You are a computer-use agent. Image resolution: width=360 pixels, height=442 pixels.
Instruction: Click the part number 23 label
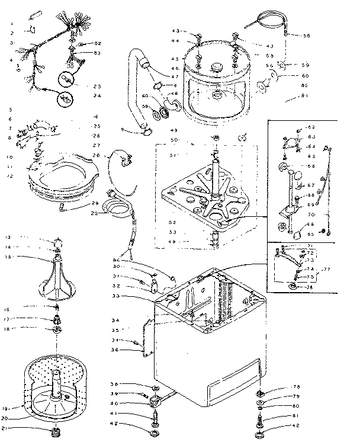[97, 86]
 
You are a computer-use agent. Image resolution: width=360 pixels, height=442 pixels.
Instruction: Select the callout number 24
[97, 95]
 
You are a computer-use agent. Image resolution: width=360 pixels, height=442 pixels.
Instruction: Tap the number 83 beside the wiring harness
[97, 53]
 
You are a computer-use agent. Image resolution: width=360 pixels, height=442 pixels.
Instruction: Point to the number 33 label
[117, 296]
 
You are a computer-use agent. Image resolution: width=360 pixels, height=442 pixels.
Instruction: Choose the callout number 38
[117, 384]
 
